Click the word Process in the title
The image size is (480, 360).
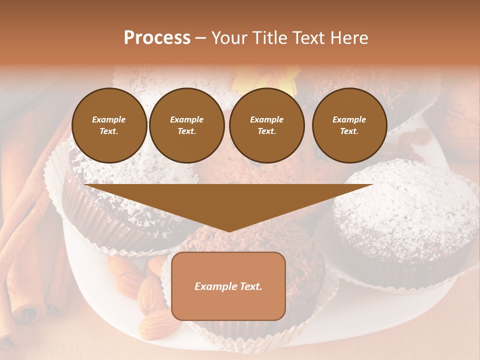[157, 38]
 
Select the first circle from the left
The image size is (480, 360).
[109, 125]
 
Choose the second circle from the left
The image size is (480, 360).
[187, 125]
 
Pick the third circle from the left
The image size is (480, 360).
[267, 125]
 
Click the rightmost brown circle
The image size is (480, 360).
[349, 125]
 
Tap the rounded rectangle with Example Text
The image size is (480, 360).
[228, 286]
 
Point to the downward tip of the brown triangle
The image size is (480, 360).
[228, 230]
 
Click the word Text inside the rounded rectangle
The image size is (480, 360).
[249, 286]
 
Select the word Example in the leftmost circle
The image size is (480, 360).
[109, 119]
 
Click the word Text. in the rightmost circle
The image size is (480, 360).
[349, 131]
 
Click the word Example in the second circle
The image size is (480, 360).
[187, 119]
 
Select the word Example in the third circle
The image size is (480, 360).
[267, 119]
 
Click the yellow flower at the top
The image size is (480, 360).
[265, 80]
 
